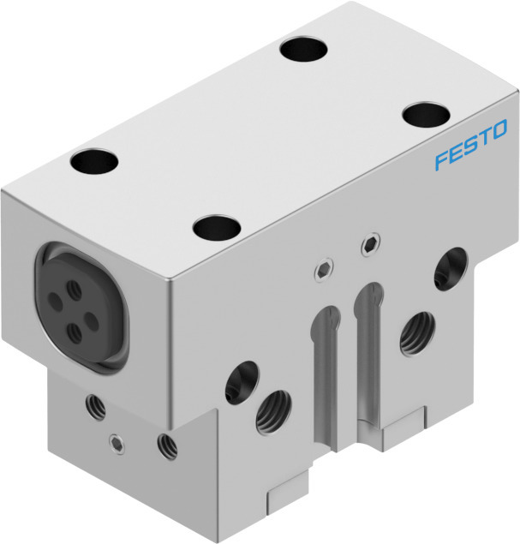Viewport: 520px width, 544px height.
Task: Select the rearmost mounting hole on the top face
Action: click(305, 49)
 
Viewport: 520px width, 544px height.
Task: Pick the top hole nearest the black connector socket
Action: click(93, 159)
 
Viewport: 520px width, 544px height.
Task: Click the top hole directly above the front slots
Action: click(216, 228)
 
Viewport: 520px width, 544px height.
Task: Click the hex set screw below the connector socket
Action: click(116, 442)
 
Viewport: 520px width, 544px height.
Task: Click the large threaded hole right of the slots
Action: click(415, 332)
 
